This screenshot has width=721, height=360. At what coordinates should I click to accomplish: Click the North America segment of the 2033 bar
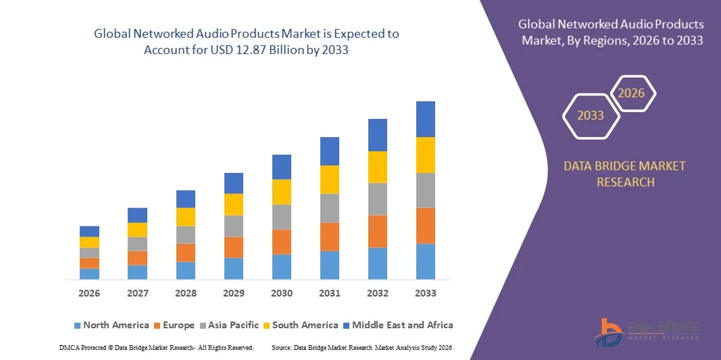point(425,261)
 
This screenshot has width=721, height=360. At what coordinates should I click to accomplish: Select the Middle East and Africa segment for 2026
point(89,231)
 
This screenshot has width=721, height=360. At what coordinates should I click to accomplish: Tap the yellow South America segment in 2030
point(282,192)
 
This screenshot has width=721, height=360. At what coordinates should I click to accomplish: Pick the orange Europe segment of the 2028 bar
point(186,253)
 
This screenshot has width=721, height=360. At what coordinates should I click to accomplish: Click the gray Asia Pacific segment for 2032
point(377,199)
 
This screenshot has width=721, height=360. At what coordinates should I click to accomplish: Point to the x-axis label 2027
point(137,293)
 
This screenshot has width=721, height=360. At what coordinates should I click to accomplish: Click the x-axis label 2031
point(329,293)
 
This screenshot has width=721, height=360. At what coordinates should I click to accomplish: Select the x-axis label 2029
point(233,293)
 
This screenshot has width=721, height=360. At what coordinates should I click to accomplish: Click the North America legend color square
point(77,326)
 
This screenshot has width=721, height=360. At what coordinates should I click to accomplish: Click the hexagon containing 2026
point(632,93)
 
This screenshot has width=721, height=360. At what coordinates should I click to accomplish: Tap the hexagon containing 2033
point(591,115)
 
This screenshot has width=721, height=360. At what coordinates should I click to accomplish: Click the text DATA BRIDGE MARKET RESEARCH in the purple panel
point(624,174)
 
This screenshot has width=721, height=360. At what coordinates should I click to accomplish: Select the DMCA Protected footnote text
point(157,347)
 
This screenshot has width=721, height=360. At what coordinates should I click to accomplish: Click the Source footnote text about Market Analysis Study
point(361,347)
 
